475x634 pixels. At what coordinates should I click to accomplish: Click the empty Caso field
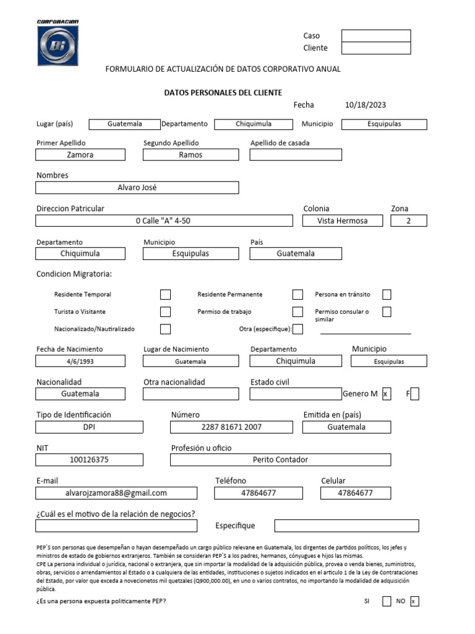pos(376,36)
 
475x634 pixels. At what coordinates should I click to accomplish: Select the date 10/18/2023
pos(366,105)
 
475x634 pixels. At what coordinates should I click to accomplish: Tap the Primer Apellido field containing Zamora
pos(80,155)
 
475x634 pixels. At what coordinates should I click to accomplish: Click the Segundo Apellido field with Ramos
pos(190,155)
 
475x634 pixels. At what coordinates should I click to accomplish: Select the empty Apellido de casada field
pos(296,155)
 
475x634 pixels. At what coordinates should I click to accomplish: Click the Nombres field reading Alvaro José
pos(137,188)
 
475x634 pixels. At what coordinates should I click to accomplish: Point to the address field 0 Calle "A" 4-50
pos(164,220)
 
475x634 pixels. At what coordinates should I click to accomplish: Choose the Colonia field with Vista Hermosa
pos(342,220)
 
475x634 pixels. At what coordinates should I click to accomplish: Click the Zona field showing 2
pos(409,220)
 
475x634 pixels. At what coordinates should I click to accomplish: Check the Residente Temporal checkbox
pos(165,295)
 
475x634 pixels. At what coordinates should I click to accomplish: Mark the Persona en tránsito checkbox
pos(387,295)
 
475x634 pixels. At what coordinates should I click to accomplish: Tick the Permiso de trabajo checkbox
pos(297,312)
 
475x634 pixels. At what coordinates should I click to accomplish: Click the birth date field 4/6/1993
pos(80,361)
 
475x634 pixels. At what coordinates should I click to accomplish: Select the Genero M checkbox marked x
pos(387,394)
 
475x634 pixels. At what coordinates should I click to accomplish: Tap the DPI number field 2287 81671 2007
pos(231,427)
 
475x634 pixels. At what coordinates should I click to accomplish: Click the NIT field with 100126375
pos(89,459)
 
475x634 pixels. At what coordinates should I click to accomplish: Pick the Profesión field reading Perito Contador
pos(280,459)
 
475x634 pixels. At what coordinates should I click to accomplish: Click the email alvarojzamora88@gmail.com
pos(116,493)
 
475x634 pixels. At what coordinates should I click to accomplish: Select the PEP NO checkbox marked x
pos(414,601)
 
